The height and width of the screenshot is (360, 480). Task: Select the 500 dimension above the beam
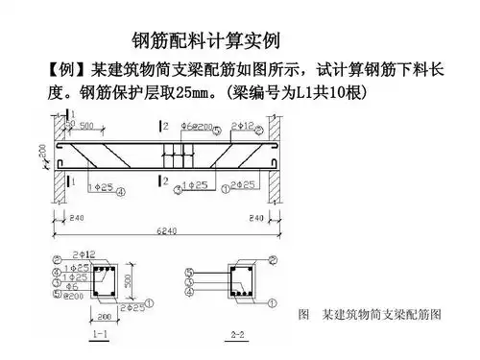(85, 126)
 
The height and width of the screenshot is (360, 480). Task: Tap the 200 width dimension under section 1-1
(103, 314)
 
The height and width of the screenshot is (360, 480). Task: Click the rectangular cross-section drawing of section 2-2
(238, 279)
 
